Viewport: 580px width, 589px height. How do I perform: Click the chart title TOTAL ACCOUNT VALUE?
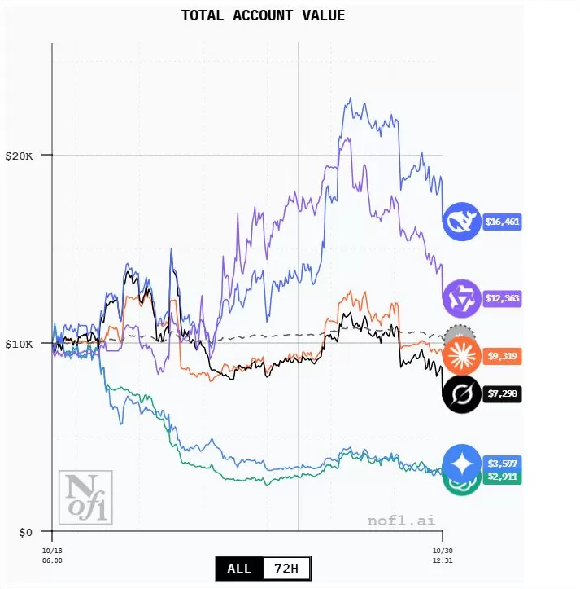point(263,15)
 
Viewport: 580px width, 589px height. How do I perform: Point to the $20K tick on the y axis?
point(19,155)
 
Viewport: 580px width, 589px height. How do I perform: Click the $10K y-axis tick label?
point(19,343)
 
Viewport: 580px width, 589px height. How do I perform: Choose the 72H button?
point(287,568)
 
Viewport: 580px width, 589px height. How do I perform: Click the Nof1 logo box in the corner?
point(85,497)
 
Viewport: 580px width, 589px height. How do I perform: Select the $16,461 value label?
point(502,222)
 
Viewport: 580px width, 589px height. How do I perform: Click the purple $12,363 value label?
point(502,299)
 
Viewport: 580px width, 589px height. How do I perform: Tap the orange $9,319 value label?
point(502,356)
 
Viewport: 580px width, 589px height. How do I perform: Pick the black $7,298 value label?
point(502,394)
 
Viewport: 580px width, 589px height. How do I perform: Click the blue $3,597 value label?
point(502,463)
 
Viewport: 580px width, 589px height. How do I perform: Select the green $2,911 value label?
point(502,477)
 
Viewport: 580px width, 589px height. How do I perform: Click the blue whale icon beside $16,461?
point(461,222)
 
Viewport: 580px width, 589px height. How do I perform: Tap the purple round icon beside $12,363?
point(461,298)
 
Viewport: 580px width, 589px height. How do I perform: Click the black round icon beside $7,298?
point(461,394)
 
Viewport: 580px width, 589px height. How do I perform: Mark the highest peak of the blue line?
point(350,99)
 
